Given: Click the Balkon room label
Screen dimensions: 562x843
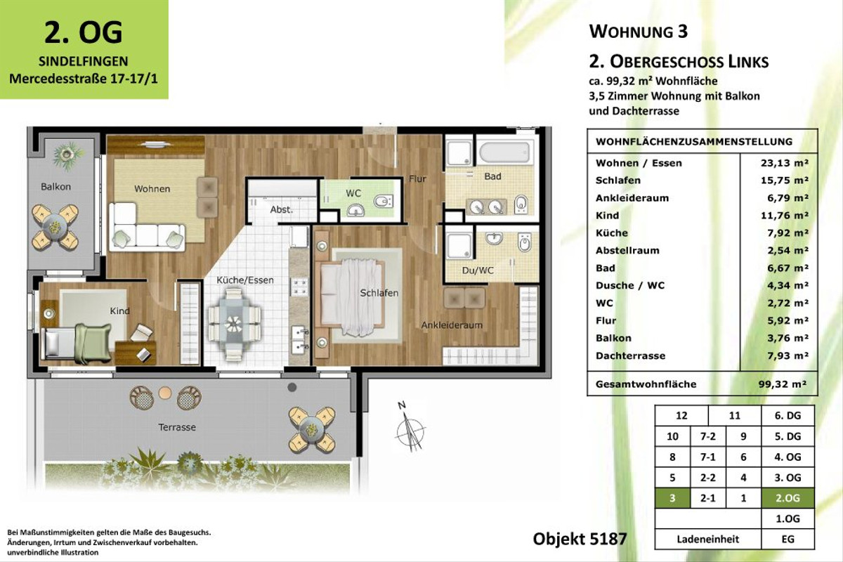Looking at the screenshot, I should point(55,187).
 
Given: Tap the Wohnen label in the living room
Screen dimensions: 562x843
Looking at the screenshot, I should point(152,189).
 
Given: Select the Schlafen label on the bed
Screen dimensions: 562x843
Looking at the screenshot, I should point(379,293).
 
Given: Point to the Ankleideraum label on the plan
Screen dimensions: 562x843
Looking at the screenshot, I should point(452,325).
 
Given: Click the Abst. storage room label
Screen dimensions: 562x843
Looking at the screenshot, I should point(281,209).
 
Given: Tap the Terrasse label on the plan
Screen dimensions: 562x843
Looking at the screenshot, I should point(176,427).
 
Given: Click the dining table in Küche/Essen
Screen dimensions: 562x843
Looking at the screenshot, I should point(234,322).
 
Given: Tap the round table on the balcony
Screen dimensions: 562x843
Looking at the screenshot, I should point(55,223).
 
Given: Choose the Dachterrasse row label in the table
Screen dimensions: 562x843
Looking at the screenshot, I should point(630,356).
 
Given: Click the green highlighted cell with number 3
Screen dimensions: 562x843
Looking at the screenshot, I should point(672,498).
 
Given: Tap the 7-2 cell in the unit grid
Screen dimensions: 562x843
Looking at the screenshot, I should point(708,436).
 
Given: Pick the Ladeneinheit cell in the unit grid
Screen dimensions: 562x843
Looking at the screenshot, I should point(707,540).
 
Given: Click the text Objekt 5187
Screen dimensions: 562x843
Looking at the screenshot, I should point(580,540).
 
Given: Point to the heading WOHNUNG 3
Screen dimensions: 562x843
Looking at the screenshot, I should point(639,31).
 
